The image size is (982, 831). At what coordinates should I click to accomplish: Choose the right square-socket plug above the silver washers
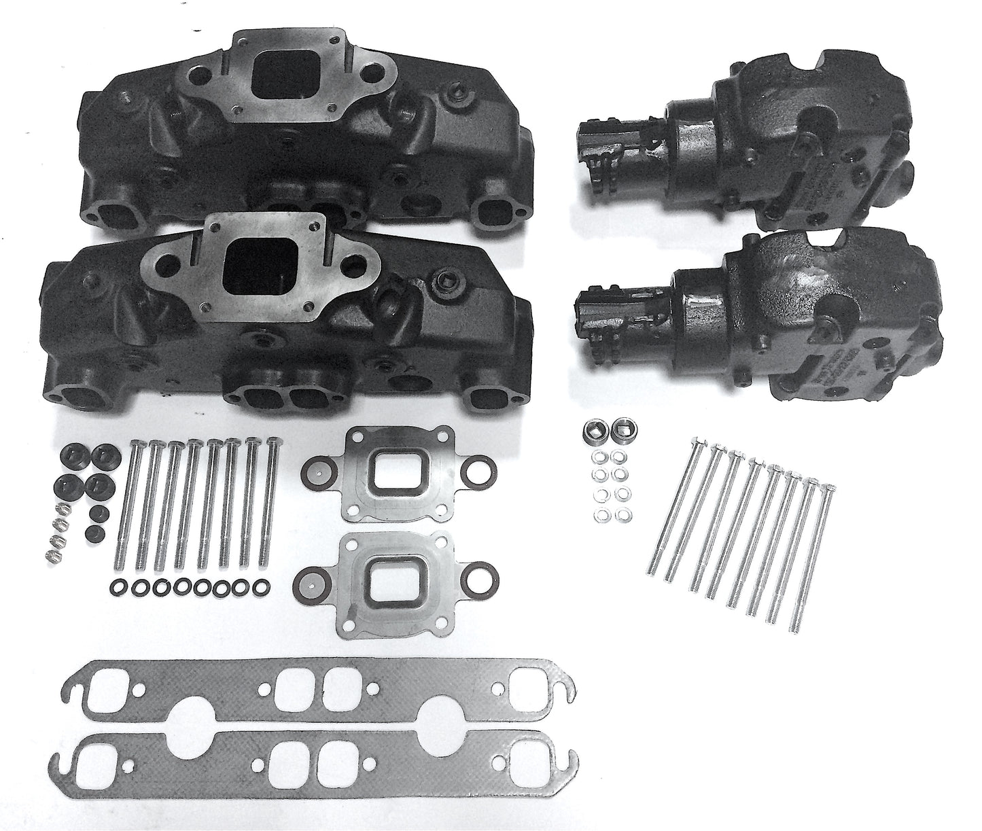click(x=619, y=429)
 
